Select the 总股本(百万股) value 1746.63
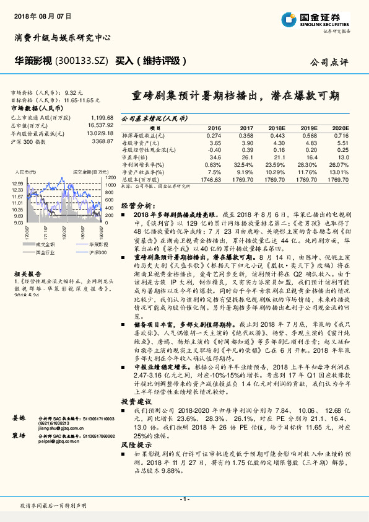click(212, 179)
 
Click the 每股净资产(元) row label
click(142, 143)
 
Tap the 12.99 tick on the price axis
click(17, 184)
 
